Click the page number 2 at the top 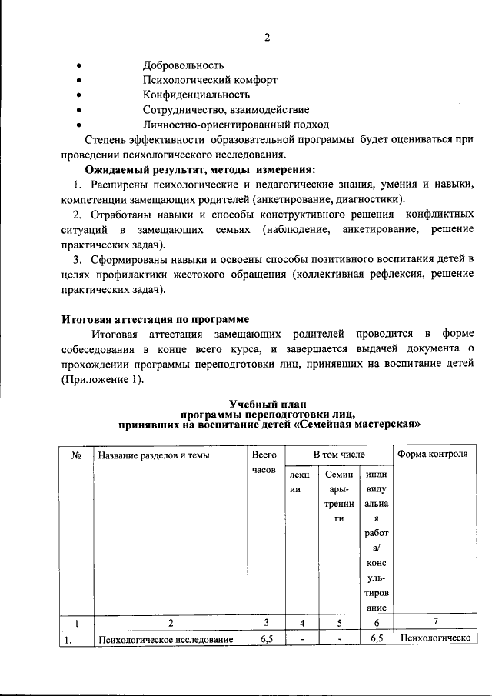267,37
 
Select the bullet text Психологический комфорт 209,80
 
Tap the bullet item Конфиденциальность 196,95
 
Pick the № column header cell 77,455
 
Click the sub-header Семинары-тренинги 337,498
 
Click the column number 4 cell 302,622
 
